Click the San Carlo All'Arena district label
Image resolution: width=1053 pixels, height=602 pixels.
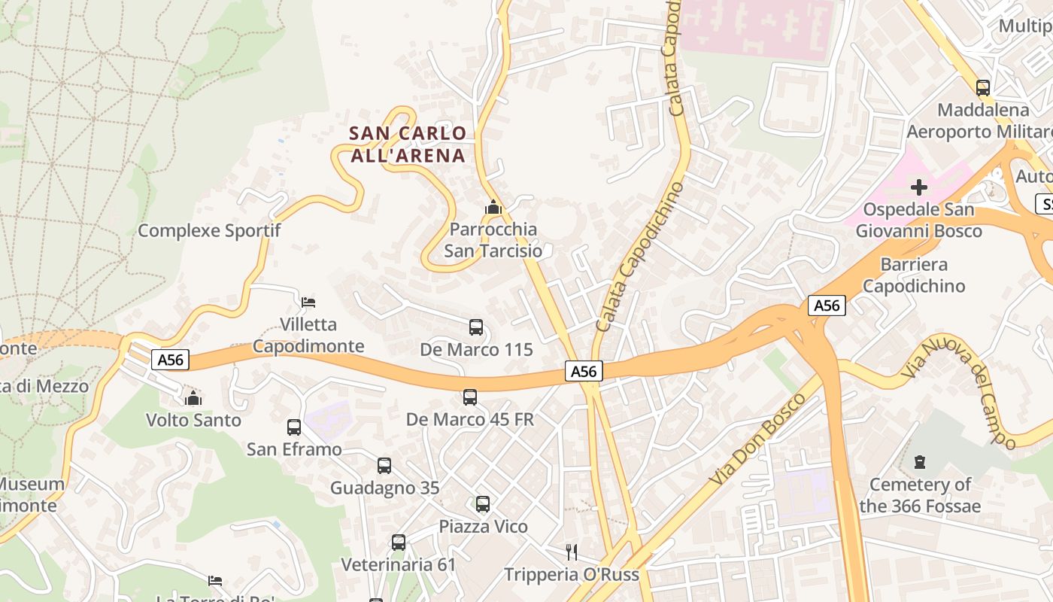point(408,144)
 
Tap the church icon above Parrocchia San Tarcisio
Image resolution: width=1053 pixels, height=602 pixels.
point(493,206)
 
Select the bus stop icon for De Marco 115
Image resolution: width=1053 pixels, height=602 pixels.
point(476,327)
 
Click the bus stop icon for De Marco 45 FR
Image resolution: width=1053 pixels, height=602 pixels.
point(470,397)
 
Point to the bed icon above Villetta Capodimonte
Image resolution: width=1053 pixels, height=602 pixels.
point(308,303)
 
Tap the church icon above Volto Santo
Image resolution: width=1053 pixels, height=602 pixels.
point(193,397)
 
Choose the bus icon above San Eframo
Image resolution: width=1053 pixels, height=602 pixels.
point(294,427)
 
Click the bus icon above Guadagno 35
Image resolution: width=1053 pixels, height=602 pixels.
point(384,466)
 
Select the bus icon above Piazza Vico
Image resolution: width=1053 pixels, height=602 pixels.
point(483,504)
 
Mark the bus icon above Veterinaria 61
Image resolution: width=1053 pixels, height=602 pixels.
point(399,543)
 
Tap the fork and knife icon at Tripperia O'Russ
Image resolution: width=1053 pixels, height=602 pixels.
point(572,552)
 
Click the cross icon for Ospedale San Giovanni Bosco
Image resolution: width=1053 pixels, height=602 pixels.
point(919,187)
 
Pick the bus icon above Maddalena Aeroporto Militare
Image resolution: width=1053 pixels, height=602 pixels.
point(982,88)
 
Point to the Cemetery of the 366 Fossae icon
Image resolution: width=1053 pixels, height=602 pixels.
point(919,462)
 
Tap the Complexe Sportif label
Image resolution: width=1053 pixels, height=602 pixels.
point(209,230)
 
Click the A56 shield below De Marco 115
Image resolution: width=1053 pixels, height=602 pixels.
point(584,371)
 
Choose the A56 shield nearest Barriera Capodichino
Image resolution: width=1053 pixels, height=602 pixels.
point(827,306)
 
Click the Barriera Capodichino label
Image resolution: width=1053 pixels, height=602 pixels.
point(914,275)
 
